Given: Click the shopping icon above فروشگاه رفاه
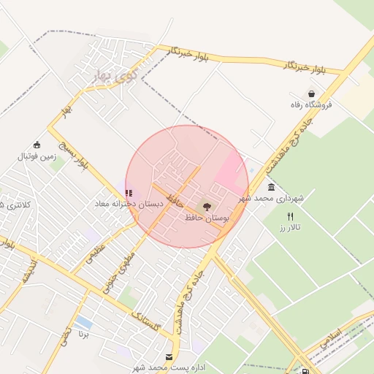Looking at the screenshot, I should pyautogui.click(x=312, y=94).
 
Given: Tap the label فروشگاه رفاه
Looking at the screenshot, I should pyautogui.click(x=310, y=105).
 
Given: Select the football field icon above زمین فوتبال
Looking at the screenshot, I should pyautogui.click(x=37, y=145).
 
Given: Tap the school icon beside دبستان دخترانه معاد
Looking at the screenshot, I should pyautogui.click(x=129, y=194).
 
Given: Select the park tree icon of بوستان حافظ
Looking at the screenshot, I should pyautogui.click(x=206, y=207).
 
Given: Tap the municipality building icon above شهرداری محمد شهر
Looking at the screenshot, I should pyautogui.click(x=272, y=187).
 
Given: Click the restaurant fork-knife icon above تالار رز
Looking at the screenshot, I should pyautogui.click(x=290, y=216).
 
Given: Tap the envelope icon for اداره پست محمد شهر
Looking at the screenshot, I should pyautogui.click(x=170, y=356).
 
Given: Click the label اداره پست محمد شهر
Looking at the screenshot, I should pyautogui.click(x=160, y=367).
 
